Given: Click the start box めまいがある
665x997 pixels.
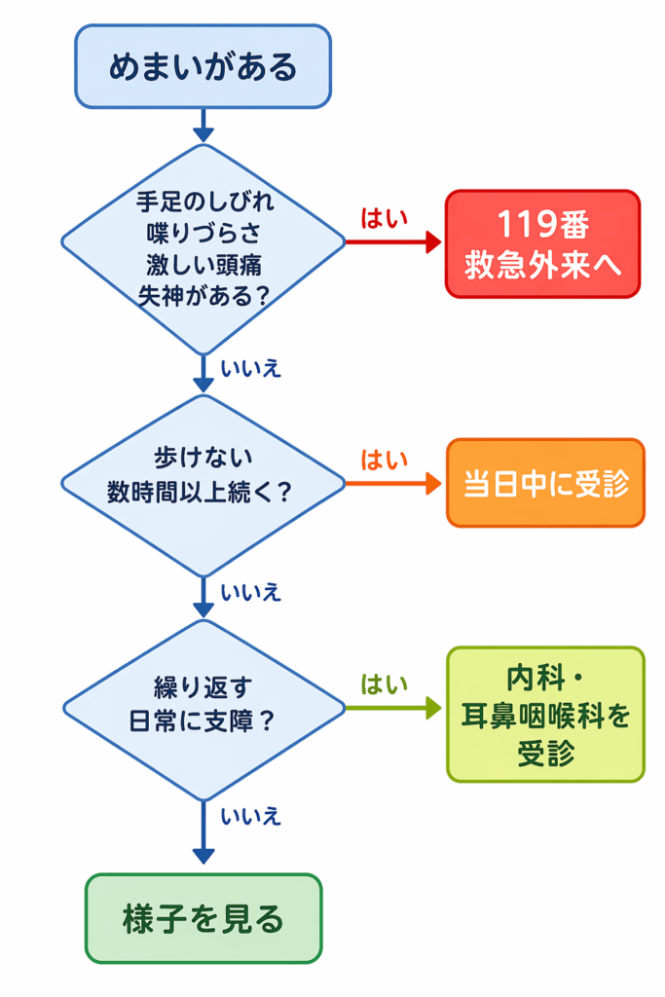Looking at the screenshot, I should tap(203, 67).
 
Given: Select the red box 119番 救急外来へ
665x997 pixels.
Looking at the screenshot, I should tap(542, 243).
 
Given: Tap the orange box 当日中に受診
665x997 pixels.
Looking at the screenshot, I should tap(545, 483).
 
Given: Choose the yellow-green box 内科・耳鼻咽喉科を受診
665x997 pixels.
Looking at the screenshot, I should tap(545, 714).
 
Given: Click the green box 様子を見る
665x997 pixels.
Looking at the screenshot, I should tap(203, 917).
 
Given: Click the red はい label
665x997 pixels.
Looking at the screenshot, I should tap(385, 218).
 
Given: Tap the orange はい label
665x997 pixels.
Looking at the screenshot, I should tap(385, 459).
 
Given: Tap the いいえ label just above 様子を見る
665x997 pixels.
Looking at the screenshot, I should tap(251, 815).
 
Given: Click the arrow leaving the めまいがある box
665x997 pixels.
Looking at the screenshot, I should tap(203, 124).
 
